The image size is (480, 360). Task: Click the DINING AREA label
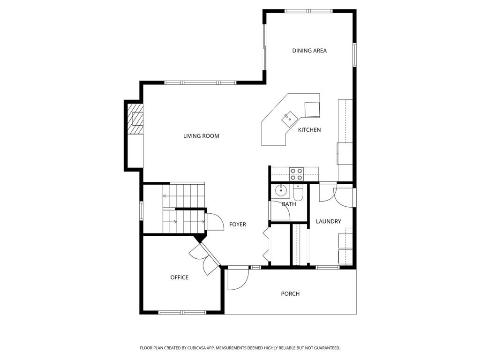click(309, 51)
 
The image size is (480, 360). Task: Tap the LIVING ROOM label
click(201, 136)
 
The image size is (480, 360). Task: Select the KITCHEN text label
click(309, 130)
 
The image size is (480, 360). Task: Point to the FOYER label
click(238, 225)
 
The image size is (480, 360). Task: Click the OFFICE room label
click(180, 277)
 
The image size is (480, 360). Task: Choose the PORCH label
click(290, 294)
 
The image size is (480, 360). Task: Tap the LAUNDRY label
click(329, 221)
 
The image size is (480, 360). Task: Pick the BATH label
click(289, 204)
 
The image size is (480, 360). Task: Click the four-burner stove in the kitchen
click(296, 174)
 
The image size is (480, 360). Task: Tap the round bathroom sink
click(280, 191)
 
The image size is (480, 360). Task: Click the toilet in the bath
click(298, 192)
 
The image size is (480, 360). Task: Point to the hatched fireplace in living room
click(135, 119)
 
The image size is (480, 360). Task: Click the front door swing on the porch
click(238, 279)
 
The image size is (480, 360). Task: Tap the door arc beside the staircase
click(216, 222)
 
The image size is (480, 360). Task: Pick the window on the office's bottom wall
click(182, 313)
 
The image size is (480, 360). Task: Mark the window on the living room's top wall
click(200, 82)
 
